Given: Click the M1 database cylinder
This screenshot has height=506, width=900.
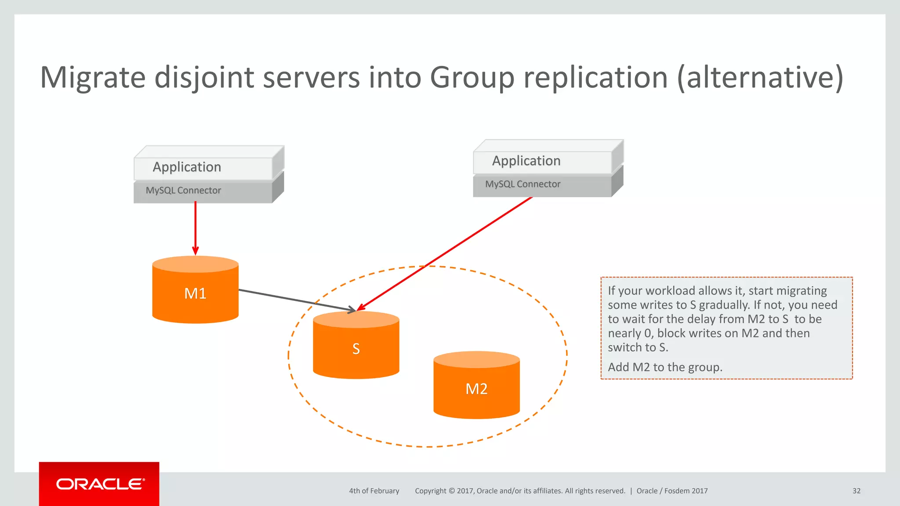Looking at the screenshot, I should pyautogui.click(x=195, y=293).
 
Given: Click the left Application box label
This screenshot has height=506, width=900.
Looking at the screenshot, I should pyautogui.click(x=187, y=167).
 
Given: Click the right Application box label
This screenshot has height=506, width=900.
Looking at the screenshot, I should pyautogui.click(x=526, y=161).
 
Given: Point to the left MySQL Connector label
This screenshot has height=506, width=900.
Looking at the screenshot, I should pyautogui.click(x=183, y=190).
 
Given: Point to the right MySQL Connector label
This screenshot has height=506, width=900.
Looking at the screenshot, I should pyautogui.click(x=523, y=184).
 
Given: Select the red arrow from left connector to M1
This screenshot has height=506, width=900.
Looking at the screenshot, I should pyautogui.click(x=196, y=228).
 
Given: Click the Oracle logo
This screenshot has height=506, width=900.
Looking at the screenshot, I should pyautogui.click(x=99, y=484).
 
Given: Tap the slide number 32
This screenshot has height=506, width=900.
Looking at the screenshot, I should pyautogui.click(x=856, y=491).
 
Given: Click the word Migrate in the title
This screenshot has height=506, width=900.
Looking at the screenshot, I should pyautogui.click(x=93, y=77).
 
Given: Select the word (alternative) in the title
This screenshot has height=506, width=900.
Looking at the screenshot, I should pyautogui.click(x=760, y=77).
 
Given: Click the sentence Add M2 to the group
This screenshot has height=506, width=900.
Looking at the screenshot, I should pyautogui.click(x=665, y=367).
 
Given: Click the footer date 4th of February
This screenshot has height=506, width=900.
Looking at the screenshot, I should pyautogui.click(x=374, y=491).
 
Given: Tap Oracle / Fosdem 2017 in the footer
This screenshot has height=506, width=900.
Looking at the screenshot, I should pyautogui.click(x=672, y=491).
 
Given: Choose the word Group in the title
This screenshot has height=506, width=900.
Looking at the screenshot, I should pyautogui.click(x=472, y=77).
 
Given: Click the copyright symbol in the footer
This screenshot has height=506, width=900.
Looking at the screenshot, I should pyautogui.click(x=451, y=491).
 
